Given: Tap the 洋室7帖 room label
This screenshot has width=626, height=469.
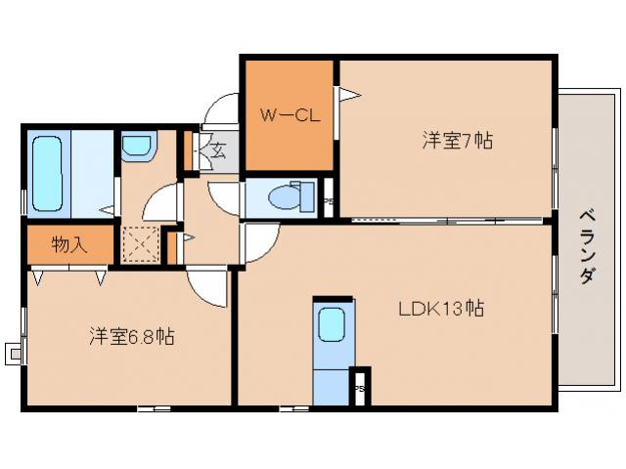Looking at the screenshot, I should tap(457, 141).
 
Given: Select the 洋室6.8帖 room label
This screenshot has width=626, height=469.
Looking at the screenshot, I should tap(132, 337).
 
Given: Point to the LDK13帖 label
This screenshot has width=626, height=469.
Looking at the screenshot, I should tap(440, 309).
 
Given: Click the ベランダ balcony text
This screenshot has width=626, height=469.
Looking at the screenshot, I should tap(586, 245).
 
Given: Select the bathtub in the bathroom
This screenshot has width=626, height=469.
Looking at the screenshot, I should tap(47, 174).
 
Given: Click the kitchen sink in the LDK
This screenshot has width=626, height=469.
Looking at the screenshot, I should tap(332, 323).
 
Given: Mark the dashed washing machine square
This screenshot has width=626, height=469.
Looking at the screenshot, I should tap(140, 244).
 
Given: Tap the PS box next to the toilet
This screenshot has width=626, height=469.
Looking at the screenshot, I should tap(329, 198).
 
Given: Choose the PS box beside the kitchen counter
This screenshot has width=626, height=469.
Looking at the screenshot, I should tap(360, 386).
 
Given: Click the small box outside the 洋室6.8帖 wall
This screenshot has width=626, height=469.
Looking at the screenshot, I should tap(13, 352).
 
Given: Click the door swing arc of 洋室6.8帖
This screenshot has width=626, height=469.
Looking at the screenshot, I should tap(205, 288).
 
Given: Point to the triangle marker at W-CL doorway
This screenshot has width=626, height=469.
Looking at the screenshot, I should tap(348, 94).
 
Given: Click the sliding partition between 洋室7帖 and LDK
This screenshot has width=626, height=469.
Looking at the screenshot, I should tap(445, 219).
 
